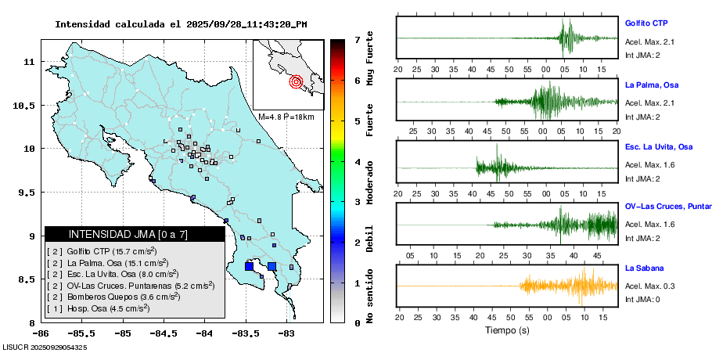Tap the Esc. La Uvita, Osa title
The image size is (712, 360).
pos(659,147)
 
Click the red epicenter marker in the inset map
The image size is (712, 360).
pos(296,81)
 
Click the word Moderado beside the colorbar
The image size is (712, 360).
pos(369,182)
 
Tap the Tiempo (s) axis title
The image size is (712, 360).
pos(507,331)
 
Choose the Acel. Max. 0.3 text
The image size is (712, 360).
pos(649,286)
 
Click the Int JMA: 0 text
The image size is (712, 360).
pos(642,299)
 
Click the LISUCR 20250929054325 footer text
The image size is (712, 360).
pos(45,346)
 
